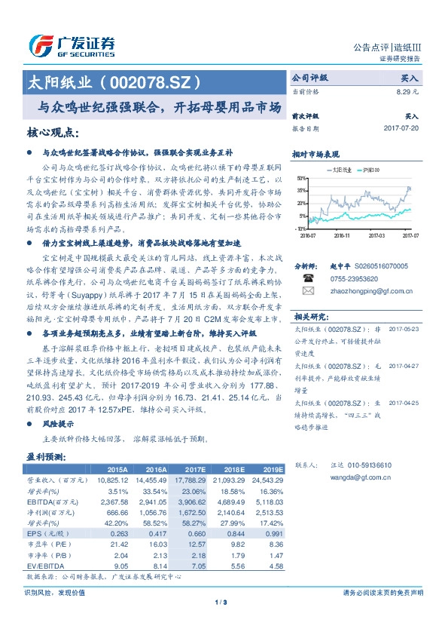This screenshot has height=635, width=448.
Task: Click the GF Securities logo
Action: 72,46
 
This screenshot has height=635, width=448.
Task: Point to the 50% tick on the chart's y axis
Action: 301,178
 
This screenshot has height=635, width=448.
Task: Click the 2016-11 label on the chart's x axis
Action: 342,235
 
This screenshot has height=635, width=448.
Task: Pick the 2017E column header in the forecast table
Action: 196,469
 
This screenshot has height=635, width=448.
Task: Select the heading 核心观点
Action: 53,133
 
